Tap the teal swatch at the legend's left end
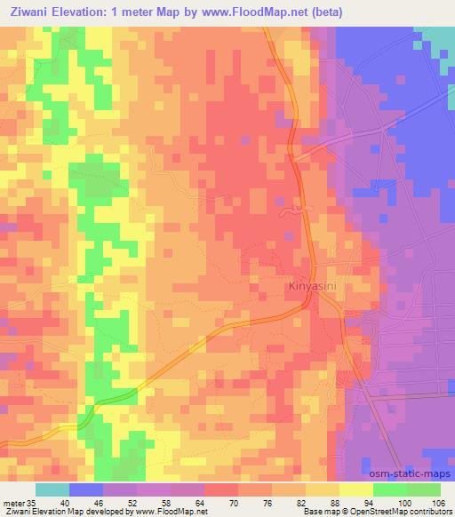coord(52,489)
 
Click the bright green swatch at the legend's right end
coord(424,489)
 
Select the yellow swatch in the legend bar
coord(356,489)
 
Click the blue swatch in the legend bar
coord(86,489)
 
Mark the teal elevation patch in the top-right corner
coord(437,40)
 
